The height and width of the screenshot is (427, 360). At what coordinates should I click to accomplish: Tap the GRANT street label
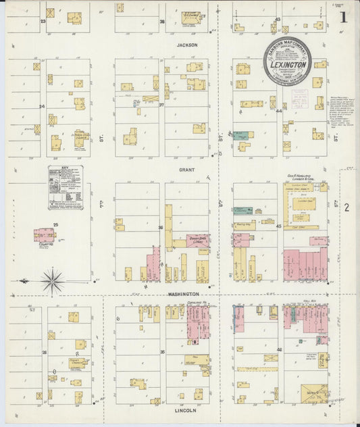click(x=187, y=171)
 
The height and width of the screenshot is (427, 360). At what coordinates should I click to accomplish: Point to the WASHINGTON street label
click(x=184, y=294)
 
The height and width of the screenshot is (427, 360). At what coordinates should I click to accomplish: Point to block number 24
click(x=42, y=106)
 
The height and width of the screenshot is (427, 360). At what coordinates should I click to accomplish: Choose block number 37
click(x=161, y=105)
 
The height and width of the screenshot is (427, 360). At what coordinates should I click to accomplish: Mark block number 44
click(x=278, y=110)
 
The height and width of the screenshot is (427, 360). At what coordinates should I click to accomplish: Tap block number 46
click(x=279, y=349)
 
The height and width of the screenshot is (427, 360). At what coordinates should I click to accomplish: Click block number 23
click(x=43, y=22)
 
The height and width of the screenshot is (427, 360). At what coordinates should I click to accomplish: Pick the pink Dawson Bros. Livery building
click(x=199, y=241)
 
